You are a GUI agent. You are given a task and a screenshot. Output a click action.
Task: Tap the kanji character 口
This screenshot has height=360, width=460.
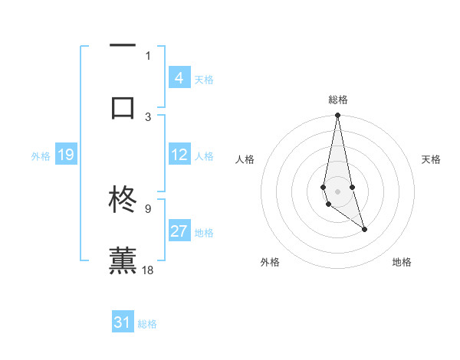click(x=123, y=107)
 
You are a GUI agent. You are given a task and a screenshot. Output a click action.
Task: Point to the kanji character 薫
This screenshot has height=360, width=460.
click(x=123, y=260)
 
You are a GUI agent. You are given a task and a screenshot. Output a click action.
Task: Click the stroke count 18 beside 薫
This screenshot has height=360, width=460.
click(x=149, y=270)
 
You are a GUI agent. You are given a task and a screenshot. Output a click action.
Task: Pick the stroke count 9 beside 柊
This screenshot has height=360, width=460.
click(x=148, y=208)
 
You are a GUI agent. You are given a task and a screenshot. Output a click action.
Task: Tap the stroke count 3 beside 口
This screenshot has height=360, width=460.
click(x=148, y=116)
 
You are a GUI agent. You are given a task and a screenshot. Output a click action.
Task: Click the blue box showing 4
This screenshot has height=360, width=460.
click(x=179, y=77)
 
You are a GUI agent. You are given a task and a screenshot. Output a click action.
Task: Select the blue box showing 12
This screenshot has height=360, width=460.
click(x=179, y=155)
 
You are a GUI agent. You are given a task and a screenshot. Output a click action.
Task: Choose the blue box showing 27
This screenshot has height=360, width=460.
click(x=179, y=231)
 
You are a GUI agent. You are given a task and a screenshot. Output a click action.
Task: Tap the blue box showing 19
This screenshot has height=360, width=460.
click(x=65, y=155)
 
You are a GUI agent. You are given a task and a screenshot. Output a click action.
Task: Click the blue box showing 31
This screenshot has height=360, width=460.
click(x=123, y=322)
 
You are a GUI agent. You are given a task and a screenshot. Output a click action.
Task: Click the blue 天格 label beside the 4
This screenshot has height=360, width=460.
click(x=203, y=79)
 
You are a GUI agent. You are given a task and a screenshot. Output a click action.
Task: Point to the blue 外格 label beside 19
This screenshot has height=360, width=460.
click(x=41, y=156)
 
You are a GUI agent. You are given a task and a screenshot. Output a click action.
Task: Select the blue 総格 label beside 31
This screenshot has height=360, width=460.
click(x=147, y=324)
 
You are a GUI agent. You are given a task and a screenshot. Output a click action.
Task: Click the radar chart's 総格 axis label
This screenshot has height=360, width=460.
click(x=337, y=100)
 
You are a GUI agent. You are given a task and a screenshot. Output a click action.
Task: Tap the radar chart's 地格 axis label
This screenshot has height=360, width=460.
click(x=402, y=262)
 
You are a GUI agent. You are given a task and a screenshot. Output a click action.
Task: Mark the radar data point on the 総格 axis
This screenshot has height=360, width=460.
click(x=337, y=116)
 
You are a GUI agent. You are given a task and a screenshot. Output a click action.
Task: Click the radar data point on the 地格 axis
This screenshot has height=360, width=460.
click(x=364, y=229)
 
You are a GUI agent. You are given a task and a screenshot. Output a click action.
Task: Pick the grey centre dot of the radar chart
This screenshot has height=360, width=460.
click(x=337, y=191)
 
